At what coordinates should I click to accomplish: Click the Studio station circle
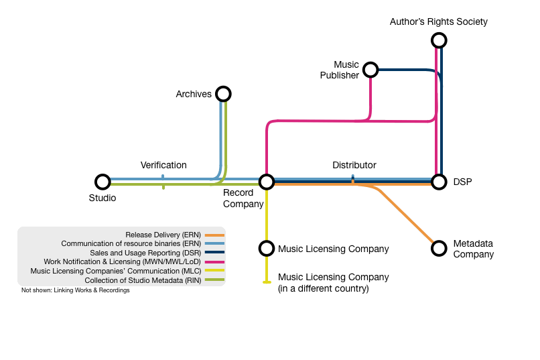pyautogui.click(x=103, y=182)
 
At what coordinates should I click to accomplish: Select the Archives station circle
pyautogui.click(x=223, y=94)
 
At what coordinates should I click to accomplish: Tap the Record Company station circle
pyautogui.click(x=267, y=182)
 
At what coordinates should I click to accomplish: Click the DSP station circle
pyautogui.click(x=439, y=182)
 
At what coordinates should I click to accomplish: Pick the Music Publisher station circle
pyautogui.click(x=370, y=70)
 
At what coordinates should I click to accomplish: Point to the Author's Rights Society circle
pyautogui.click(x=439, y=41)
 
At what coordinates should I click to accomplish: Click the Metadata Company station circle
pyautogui.click(x=439, y=248)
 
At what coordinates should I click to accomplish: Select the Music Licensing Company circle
pyautogui.click(x=267, y=249)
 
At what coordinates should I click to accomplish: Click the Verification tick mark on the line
pyautogui.click(x=163, y=182)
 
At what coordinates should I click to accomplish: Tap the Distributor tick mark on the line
pyautogui.click(x=353, y=180)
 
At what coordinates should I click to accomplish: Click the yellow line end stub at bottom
pyautogui.click(x=267, y=282)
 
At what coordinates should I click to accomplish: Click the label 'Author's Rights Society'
pyautogui.click(x=439, y=22)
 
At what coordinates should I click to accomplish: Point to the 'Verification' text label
pyautogui.click(x=163, y=165)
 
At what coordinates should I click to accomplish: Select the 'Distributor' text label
pyautogui.click(x=354, y=165)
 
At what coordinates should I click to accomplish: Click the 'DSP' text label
pyautogui.click(x=462, y=182)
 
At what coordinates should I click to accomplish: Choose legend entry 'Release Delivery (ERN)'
pyautogui.click(x=163, y=235)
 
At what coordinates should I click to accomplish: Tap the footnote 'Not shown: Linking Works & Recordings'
pyautogui.click(x=75, y=291)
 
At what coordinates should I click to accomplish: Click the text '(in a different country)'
pyautogui.click(x=323, y=289)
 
